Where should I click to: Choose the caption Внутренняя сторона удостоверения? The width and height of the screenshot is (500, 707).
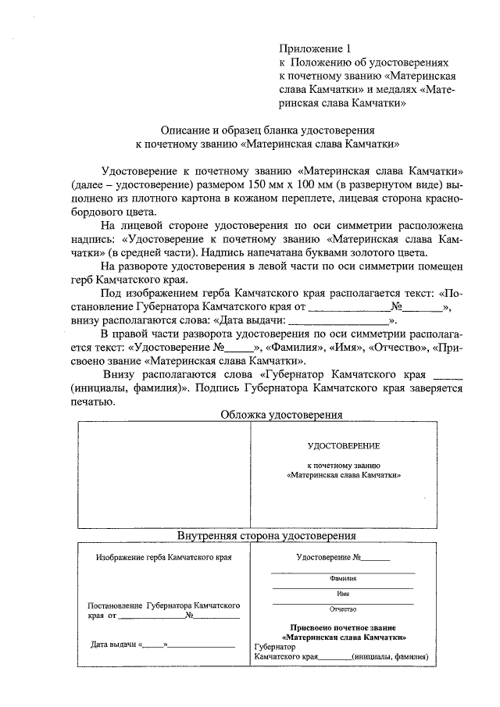266,536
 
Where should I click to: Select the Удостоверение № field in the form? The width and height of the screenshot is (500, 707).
342,558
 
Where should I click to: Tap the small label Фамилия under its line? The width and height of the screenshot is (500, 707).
343,580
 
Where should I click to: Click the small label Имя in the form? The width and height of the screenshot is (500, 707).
343,594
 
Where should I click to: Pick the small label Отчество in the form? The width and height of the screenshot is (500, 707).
343,608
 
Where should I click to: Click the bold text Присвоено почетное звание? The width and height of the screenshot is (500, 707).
343,627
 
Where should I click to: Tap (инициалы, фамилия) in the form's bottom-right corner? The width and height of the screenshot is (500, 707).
390,657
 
